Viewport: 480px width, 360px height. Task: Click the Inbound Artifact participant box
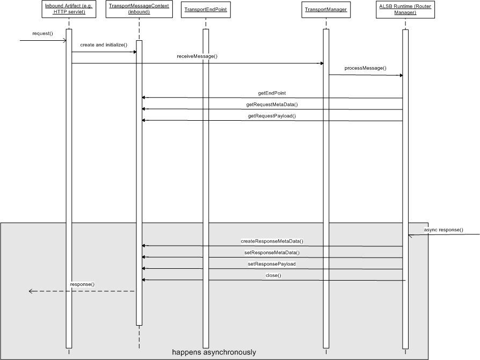pos(69,9)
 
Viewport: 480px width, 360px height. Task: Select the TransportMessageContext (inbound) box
pos(139,9)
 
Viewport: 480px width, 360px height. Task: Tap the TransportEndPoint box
pos(206,10)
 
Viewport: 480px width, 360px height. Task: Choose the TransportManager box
pos(326,10)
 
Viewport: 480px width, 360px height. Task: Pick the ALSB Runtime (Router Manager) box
pos(405,10)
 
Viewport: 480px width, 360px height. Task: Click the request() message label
pos(42,33)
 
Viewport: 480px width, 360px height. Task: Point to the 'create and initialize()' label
pos(104,45)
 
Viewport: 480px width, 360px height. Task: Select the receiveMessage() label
pos(197,56)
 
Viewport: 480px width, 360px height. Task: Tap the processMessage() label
pos(366,68)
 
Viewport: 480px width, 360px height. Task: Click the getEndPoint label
pos(272,93)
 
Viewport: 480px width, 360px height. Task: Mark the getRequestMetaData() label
pos(272,105)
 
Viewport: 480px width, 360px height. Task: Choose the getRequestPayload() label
pos(272,116)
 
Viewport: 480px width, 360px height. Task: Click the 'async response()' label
pos(443,230)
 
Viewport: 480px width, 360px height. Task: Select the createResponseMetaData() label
pos(272,241)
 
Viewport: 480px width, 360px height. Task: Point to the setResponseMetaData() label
pos(272,253)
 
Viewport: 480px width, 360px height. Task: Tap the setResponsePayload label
pos(272,264)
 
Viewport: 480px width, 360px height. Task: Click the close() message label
pos(273,275)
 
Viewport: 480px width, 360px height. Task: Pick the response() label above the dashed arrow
pos(82,284)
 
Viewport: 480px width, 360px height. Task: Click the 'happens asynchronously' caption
pos(214,352)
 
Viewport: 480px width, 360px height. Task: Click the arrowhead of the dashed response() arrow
pos(29,291)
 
